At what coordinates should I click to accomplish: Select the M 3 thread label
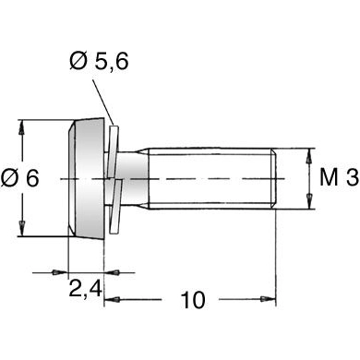click(x=337, y=177)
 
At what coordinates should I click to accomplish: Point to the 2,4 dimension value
click(x=84, y=289)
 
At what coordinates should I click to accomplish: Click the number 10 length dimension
click(x=193, y=300)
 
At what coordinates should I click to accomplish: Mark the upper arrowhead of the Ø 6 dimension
click(x=21, y=126)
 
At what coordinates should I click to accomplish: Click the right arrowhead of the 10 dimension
click(x=272, y=299)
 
